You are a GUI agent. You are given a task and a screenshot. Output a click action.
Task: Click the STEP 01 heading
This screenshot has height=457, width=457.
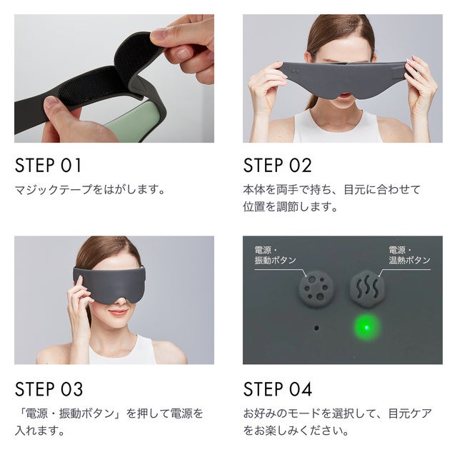[x=48, y=165]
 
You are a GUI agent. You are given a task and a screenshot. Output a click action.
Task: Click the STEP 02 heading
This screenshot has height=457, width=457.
[x=278, y=165]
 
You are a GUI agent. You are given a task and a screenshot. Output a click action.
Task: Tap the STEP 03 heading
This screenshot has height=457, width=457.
[x=49, y=388]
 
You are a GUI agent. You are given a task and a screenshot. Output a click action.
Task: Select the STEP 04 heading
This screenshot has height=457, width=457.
[x=278, y=388]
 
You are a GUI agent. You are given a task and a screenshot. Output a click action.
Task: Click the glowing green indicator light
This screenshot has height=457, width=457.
[x=367, y=327]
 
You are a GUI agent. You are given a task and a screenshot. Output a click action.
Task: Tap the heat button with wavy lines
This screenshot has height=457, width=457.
[x=367, y=288]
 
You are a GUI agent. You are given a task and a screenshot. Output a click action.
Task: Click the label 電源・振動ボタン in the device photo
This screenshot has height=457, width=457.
[x=276, y=255]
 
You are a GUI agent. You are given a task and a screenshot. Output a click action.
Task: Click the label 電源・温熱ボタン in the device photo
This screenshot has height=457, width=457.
[x=409, y=255]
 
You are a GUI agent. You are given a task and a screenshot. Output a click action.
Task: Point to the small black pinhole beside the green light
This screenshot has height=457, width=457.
[x=316, y=328]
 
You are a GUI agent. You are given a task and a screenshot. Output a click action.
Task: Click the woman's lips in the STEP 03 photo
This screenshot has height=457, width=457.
[x=118, y=313]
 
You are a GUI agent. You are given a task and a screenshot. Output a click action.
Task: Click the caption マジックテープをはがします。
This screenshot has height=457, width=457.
[x=90, y=190]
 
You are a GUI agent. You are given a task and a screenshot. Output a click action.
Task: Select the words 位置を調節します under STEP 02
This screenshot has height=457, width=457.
[x=290, y=206]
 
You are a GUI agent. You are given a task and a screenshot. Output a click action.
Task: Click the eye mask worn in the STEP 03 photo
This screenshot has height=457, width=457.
[x=109, y=284]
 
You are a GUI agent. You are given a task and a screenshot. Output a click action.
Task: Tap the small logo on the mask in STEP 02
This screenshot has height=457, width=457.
[x=296, y=71]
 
